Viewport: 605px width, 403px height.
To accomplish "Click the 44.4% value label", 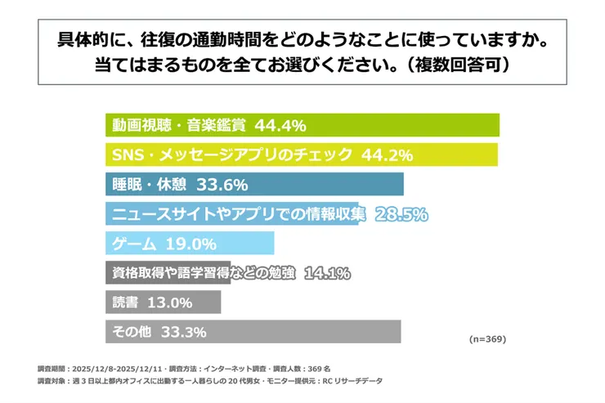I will coord(280,126).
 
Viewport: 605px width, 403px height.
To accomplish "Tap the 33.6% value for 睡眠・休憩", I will coord(222,184).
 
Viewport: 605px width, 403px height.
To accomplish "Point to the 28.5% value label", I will coord(401,214).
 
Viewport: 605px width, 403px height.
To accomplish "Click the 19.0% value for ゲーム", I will coord(190,244).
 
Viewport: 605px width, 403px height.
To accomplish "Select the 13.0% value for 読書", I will coord(170,302).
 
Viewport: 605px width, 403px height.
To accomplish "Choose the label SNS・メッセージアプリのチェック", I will coord(232,154).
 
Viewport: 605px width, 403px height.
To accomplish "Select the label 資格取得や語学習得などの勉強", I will coord(204,273).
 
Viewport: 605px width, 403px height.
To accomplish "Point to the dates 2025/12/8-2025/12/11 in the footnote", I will coord(119,369).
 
